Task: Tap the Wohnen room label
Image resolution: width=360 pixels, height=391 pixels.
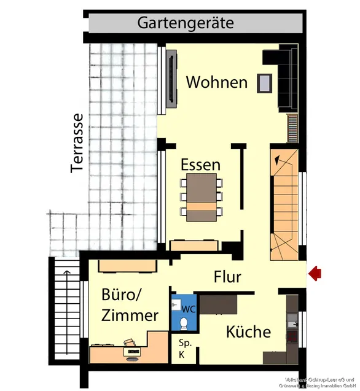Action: pos(216,82)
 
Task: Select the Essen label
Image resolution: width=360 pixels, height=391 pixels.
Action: pos(200,165)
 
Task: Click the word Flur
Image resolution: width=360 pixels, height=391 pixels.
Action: pos(227,277)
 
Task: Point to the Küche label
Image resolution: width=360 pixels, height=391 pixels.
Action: pos(248,332)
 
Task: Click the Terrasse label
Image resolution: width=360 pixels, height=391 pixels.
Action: pos(77,142)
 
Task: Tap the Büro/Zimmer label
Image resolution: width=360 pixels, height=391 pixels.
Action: pos(130,305)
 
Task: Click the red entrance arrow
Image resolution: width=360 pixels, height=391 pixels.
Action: pos(315,273)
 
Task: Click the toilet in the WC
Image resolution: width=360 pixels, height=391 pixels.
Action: pos(182,322)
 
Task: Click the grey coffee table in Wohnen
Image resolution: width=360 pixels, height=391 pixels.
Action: pos(265,82)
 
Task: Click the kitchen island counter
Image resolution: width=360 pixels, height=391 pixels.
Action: pos(218,304)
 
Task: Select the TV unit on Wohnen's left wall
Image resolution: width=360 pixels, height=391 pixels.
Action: pos(172,79)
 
